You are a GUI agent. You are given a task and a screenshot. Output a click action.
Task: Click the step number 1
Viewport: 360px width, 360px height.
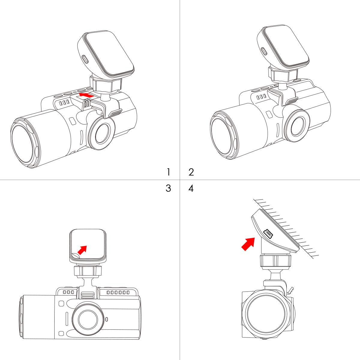point(169,172)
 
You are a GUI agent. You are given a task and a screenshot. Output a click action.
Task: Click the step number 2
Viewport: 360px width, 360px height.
point(191,172)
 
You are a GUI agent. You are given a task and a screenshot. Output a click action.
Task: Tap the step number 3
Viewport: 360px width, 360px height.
point(168,188)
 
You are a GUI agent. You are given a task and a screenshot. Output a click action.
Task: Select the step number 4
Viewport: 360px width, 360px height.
point(191,188)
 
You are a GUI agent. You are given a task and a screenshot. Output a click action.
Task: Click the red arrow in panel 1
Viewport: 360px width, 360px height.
point(86,95)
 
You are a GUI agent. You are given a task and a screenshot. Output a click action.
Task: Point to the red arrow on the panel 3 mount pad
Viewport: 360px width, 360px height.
point(82,250)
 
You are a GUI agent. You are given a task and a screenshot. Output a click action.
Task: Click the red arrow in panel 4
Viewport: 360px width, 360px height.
point(248,244)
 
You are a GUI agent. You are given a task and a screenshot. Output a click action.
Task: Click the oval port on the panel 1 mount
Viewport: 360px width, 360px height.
point(85,59)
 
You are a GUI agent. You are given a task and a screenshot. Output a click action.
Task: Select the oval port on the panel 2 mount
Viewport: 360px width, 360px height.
point(264,51)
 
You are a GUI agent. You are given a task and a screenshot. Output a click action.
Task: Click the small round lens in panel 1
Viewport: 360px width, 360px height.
point(102,133)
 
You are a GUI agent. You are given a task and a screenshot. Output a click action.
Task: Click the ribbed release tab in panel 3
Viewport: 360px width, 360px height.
point(88,296)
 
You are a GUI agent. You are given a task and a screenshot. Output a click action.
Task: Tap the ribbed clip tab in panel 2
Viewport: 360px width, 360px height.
point(291,101)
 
